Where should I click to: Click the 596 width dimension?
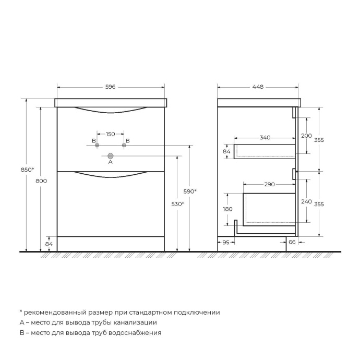110,87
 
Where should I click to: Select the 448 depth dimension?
258,87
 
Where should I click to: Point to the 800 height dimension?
42,181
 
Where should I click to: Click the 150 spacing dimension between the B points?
110,134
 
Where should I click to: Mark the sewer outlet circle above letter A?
110,155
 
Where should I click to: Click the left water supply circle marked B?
97,146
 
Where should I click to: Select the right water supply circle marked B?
124,146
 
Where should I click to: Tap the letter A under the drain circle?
110,163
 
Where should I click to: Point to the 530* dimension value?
178,204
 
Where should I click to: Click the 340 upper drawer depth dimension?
265,138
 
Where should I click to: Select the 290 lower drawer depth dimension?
269,185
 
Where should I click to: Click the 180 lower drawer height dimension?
228,209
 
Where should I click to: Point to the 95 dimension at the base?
226,242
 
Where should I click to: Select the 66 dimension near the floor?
292,242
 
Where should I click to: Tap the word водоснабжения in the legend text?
137,332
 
